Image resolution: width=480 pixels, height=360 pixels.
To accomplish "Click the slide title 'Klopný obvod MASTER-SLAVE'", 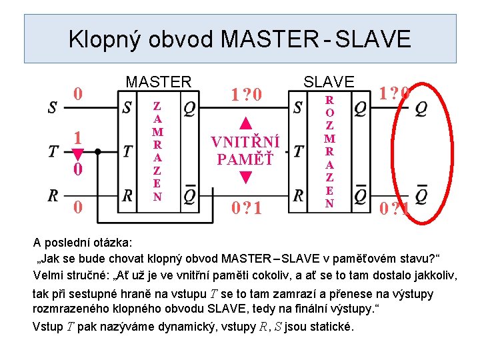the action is (240, 39).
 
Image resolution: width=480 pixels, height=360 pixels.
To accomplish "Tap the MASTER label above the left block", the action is (158, 82).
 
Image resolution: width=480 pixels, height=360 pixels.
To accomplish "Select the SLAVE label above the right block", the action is (329, 81).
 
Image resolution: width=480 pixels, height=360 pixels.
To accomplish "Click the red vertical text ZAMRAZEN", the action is (157, 151).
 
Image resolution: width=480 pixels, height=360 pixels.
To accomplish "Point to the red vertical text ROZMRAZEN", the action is (329, 151).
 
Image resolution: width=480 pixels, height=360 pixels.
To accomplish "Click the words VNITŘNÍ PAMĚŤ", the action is (245, 151).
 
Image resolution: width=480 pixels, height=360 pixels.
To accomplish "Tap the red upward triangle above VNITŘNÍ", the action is (245, 123).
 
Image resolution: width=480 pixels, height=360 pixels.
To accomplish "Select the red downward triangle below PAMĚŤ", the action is (245, 179).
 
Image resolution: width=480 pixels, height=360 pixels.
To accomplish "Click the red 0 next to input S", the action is (78, 93).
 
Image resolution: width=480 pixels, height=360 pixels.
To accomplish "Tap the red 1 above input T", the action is (78, 137).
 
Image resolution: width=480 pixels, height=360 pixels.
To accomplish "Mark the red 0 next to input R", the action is (78, 208).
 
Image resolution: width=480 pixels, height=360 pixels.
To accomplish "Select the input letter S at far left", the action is (53, 107).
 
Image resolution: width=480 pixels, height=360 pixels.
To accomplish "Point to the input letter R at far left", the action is (53, 195).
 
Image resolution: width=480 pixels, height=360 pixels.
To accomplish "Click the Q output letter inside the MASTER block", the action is (190, 107).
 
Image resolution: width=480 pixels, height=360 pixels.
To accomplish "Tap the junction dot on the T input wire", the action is (98, 151).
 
